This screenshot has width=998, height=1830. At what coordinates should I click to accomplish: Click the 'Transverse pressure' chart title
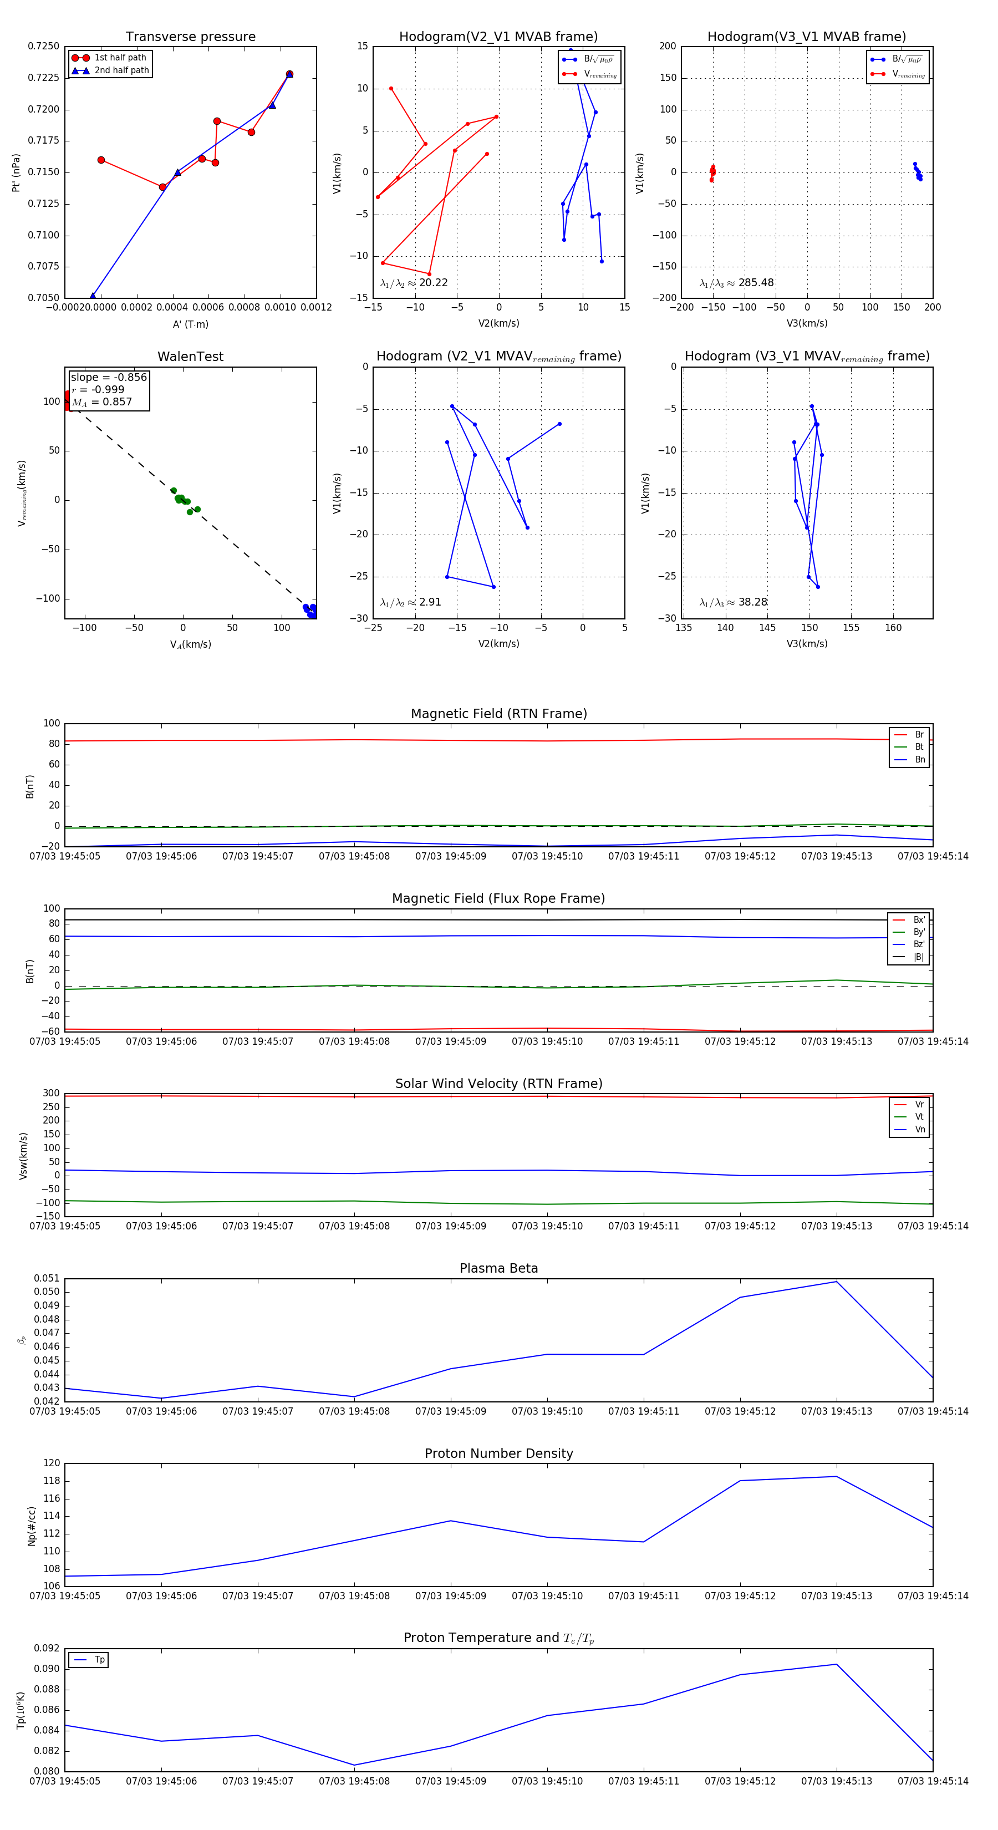(190, 37)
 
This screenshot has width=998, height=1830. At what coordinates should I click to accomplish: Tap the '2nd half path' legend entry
(121, 70)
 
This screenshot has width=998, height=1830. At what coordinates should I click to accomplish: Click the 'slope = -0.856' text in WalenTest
(109, 377)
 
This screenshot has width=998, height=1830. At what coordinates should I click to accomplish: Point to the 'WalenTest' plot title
(190, 357)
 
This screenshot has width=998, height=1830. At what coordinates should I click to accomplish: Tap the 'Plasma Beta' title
(498, 1268)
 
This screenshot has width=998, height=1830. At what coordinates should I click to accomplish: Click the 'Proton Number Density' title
(498, 1453)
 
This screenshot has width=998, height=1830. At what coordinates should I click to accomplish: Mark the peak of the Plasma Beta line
(836, 1281)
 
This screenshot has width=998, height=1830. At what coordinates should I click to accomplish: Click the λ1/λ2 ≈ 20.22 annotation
(414, 283)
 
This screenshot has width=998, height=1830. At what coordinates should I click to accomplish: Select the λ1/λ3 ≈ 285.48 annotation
(737, 283)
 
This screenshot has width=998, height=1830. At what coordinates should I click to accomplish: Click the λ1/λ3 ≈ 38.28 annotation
(733, 602)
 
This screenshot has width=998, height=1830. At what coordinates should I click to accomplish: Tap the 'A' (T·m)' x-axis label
(190, 324)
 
